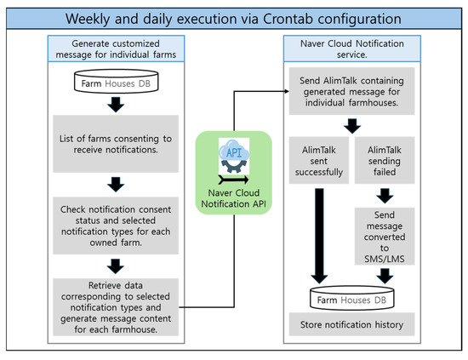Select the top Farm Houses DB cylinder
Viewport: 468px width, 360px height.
pyautogui.click(x=116, y=81)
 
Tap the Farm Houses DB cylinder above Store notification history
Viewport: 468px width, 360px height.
pyautogui.click(x=352, y=298)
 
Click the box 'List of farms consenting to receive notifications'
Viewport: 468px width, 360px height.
pyautogui.click(x=116, y=144)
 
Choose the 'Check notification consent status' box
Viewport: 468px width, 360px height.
pyautogui.click(x=116, y=226)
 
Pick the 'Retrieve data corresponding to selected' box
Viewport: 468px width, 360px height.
pyautogui.click(x=116, y=307)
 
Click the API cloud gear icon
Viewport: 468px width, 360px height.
pyautogui.click(x=234, y=156)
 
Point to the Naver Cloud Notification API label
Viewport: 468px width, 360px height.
pyautogui.click(x=234, y=198)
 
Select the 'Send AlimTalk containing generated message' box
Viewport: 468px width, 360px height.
pyautogui.click(x=352, y=91)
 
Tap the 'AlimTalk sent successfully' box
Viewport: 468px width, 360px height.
pyautogui.click(x=319, y=161)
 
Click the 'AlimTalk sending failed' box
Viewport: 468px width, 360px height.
pyautogui.click(x=385, y=161)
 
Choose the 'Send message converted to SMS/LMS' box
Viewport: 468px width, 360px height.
pyautogui.click(x=385, y=237)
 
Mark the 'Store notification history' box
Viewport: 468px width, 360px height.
pyautogui.click(x=352, y=324)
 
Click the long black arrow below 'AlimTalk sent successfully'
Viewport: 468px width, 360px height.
pyautogui.click(x=319, y=236)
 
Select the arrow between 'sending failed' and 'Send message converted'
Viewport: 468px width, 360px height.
pyautogui.click(x=385, y=196)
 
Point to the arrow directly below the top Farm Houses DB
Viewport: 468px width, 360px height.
pyautogui.click(x=116, y=105)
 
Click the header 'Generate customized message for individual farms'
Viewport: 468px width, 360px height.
pyautogui.click(x=116, y=49)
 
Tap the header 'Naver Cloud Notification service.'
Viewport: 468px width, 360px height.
pyautogui.click(x=352, y=49)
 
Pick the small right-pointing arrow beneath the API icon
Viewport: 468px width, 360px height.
pyautogui.click(x=233, y=180)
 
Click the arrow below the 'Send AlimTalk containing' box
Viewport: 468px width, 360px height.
pyautogui.click(x=352, y=126)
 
